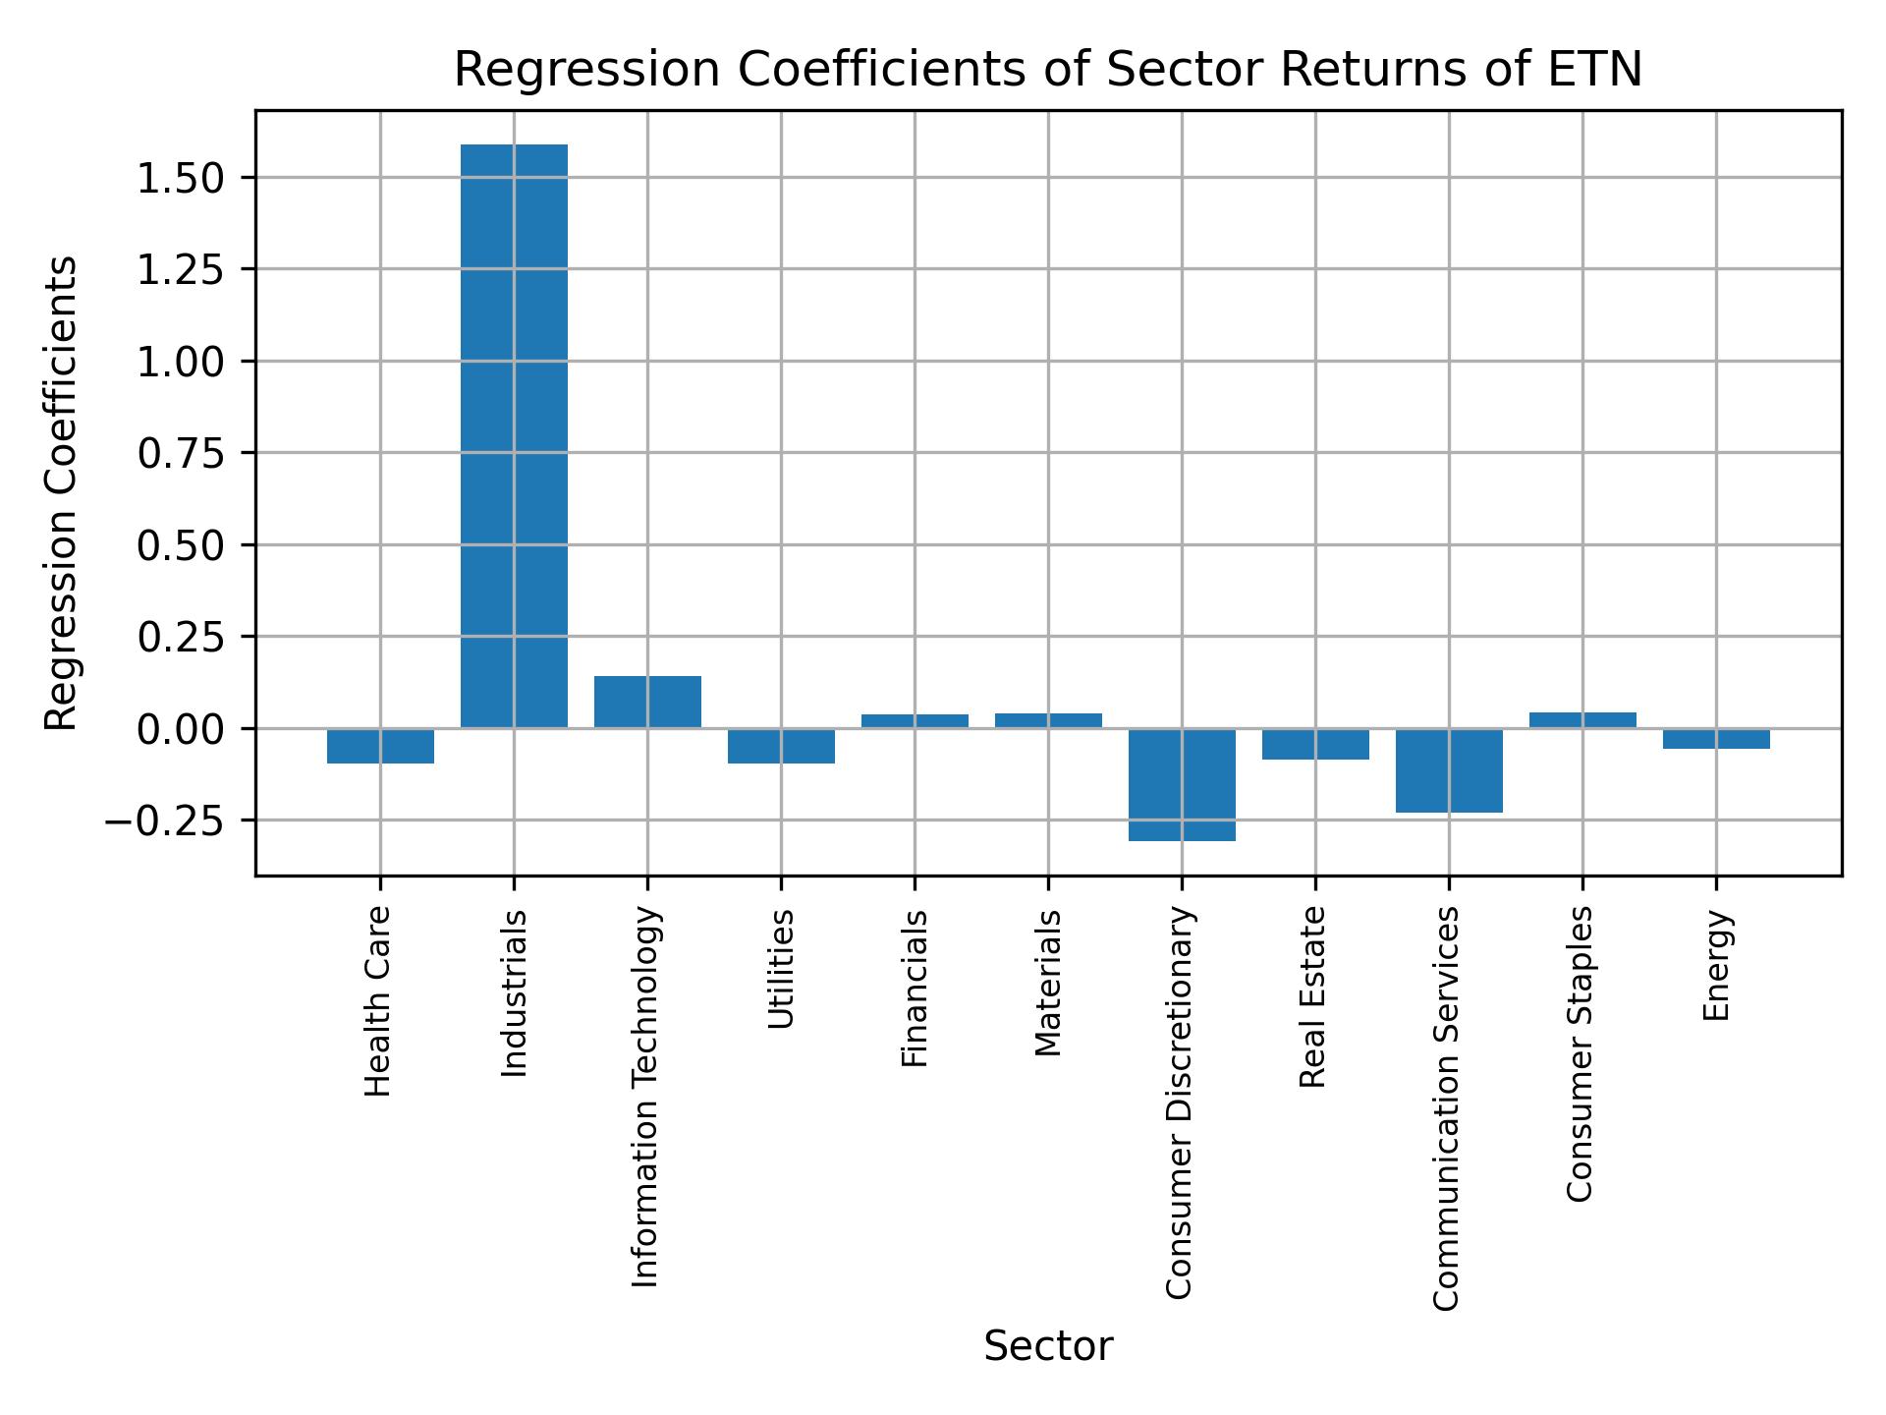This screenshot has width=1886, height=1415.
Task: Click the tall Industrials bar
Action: (x=514, y=436)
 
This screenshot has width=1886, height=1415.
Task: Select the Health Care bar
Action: (x=380, y=746)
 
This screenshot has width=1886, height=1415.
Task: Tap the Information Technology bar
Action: (x=647, y=702)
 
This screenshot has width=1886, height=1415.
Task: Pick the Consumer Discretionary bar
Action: (x=1182, y=784)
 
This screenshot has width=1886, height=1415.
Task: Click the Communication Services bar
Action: (x=1449, y=770)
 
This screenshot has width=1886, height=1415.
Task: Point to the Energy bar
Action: (x=1716, y=739)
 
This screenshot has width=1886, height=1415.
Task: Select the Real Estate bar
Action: (x=1315, y=744)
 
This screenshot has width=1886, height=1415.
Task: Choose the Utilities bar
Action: (x=781, y=746)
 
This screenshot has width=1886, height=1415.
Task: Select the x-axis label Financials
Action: (x=915, y=988)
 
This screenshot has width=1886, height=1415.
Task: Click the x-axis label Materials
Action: (x=1048, y=983)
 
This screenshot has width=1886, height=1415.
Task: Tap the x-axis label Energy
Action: (x=1716, y=965)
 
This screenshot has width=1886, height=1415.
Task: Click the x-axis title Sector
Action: (x=1048, y=1347)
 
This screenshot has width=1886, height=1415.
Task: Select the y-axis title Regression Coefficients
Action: (x=61, y=493)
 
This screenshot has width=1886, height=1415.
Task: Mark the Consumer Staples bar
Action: (x=1582, y=720)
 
